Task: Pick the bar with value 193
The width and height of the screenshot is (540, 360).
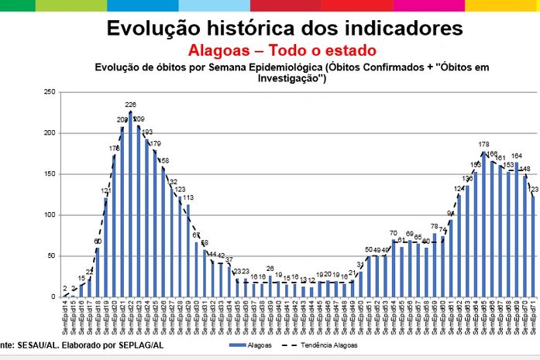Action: point(146,218)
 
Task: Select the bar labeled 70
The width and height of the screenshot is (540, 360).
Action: point(393,268)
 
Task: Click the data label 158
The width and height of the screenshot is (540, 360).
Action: point(163,161)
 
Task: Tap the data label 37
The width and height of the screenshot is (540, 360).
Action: point(229,259)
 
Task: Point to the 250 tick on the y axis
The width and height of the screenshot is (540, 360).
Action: point(48,92)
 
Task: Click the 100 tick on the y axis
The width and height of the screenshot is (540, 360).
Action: point(48,215)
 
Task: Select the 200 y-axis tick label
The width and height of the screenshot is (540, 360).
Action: point(48,133)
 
